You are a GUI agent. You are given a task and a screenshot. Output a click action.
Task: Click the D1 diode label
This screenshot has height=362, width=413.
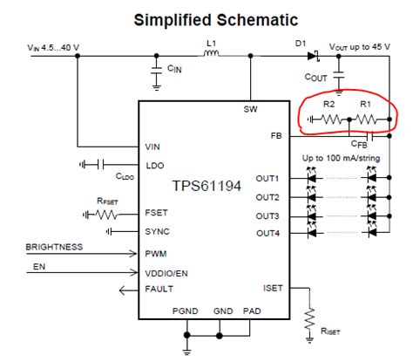point(301,41)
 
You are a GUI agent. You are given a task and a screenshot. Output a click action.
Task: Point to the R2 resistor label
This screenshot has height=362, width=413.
point(328,105)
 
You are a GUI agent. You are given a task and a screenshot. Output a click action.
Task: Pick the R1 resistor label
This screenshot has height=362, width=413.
point(366,105)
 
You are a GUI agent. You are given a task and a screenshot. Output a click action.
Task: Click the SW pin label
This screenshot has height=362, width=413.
point(251,109)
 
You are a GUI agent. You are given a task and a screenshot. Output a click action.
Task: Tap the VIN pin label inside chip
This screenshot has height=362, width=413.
point(153,147)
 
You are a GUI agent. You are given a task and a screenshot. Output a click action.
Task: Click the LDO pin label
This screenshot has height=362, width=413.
point(154,165)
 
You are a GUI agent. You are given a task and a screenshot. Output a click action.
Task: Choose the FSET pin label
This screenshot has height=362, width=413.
point(156,212)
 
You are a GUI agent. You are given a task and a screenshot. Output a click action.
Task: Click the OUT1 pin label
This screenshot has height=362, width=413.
point(267,179)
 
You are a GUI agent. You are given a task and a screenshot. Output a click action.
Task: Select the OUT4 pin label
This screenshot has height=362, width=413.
point(267,232)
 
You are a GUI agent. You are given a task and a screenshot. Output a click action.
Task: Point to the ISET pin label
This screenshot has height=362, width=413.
point(272,287)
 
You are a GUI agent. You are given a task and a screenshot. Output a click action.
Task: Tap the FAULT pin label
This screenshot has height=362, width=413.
point(159,288)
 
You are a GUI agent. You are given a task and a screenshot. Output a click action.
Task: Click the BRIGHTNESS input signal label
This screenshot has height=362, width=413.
point(55,247)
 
